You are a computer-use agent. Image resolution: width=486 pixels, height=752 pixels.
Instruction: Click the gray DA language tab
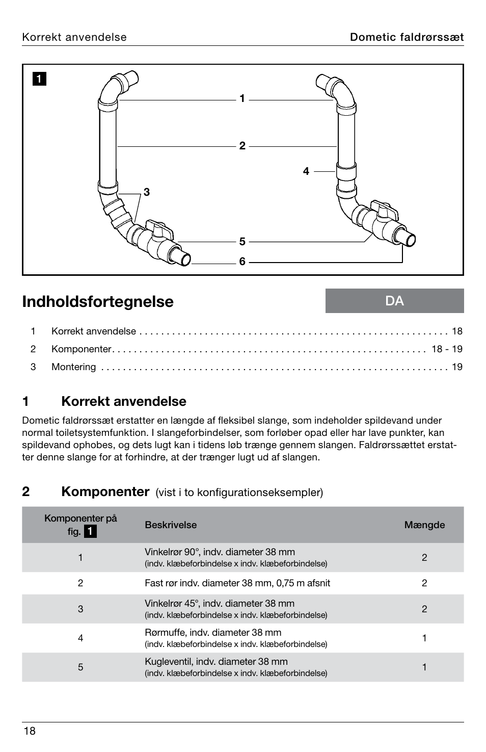point(394,301)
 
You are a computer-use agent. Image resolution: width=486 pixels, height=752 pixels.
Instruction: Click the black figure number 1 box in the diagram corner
point(40,79)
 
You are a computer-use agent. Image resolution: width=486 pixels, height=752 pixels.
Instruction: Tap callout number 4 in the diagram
point(306,172)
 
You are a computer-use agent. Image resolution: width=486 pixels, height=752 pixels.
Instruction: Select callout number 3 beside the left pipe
point(147,192)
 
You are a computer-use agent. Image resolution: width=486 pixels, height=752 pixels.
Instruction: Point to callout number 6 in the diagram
point(242,262)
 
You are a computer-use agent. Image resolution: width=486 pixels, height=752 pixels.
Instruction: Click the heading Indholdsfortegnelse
point(98,302)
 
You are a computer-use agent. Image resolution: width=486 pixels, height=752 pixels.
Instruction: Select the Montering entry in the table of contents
point(73,367)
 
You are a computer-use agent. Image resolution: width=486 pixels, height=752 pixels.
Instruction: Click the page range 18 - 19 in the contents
point(447,349)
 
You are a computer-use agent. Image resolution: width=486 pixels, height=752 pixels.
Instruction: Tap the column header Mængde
point(424,525)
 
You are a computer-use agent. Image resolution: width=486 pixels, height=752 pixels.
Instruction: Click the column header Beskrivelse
point(171,525)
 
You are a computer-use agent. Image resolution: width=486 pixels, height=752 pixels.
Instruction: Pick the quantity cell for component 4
point(424,638)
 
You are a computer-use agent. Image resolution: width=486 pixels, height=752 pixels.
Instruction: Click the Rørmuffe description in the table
point(213,633)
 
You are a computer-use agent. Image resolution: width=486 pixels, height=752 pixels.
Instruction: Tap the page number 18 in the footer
point(30,731)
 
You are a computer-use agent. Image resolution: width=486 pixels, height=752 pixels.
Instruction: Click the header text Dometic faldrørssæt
point(406,37)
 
